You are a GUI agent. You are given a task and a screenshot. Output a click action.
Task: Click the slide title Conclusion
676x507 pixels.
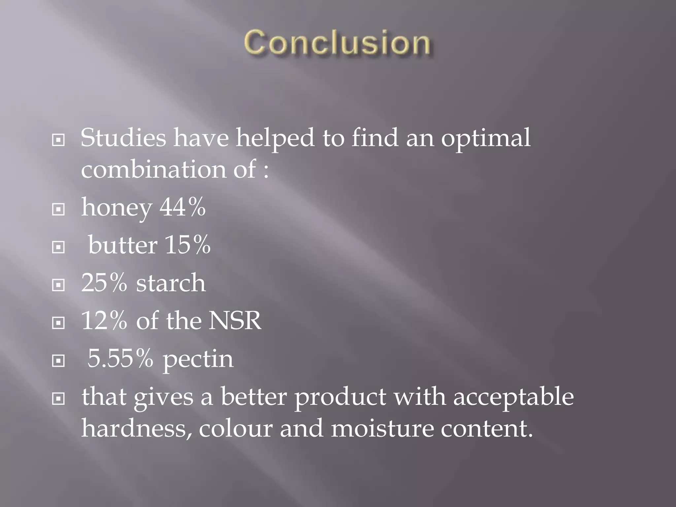[x=337, y=43]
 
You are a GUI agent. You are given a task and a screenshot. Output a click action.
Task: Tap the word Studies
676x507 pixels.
[x=123, y=138]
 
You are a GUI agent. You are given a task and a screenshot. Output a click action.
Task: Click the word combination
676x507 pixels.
[x=153, y=169]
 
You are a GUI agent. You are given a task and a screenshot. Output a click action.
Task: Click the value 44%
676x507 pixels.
[x=183, y=207]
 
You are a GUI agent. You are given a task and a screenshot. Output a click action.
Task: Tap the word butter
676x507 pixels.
[x=122, y=245]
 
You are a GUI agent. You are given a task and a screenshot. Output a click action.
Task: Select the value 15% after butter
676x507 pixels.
[x=187, y=245]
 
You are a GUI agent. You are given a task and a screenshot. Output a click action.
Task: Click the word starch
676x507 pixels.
[x=171, y=283]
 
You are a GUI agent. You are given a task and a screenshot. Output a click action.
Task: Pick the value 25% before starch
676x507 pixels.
[x=104, y=283]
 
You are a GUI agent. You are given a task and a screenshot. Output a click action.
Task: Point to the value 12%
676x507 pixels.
[x=104, y=321]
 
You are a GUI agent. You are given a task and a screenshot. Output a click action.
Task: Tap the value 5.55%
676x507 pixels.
[x=120, y=358]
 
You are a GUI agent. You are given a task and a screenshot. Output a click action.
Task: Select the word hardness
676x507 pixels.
[x=136, y=428]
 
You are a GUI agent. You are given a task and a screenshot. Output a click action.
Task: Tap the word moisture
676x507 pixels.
[x=382, y=428]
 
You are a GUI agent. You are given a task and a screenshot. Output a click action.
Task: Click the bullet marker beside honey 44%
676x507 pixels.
[x=58, y=209]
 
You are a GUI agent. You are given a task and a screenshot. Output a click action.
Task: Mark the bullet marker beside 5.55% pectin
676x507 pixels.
[x=58, y=361]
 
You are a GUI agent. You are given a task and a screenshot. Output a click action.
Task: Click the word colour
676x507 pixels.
[x=236, y=428]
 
